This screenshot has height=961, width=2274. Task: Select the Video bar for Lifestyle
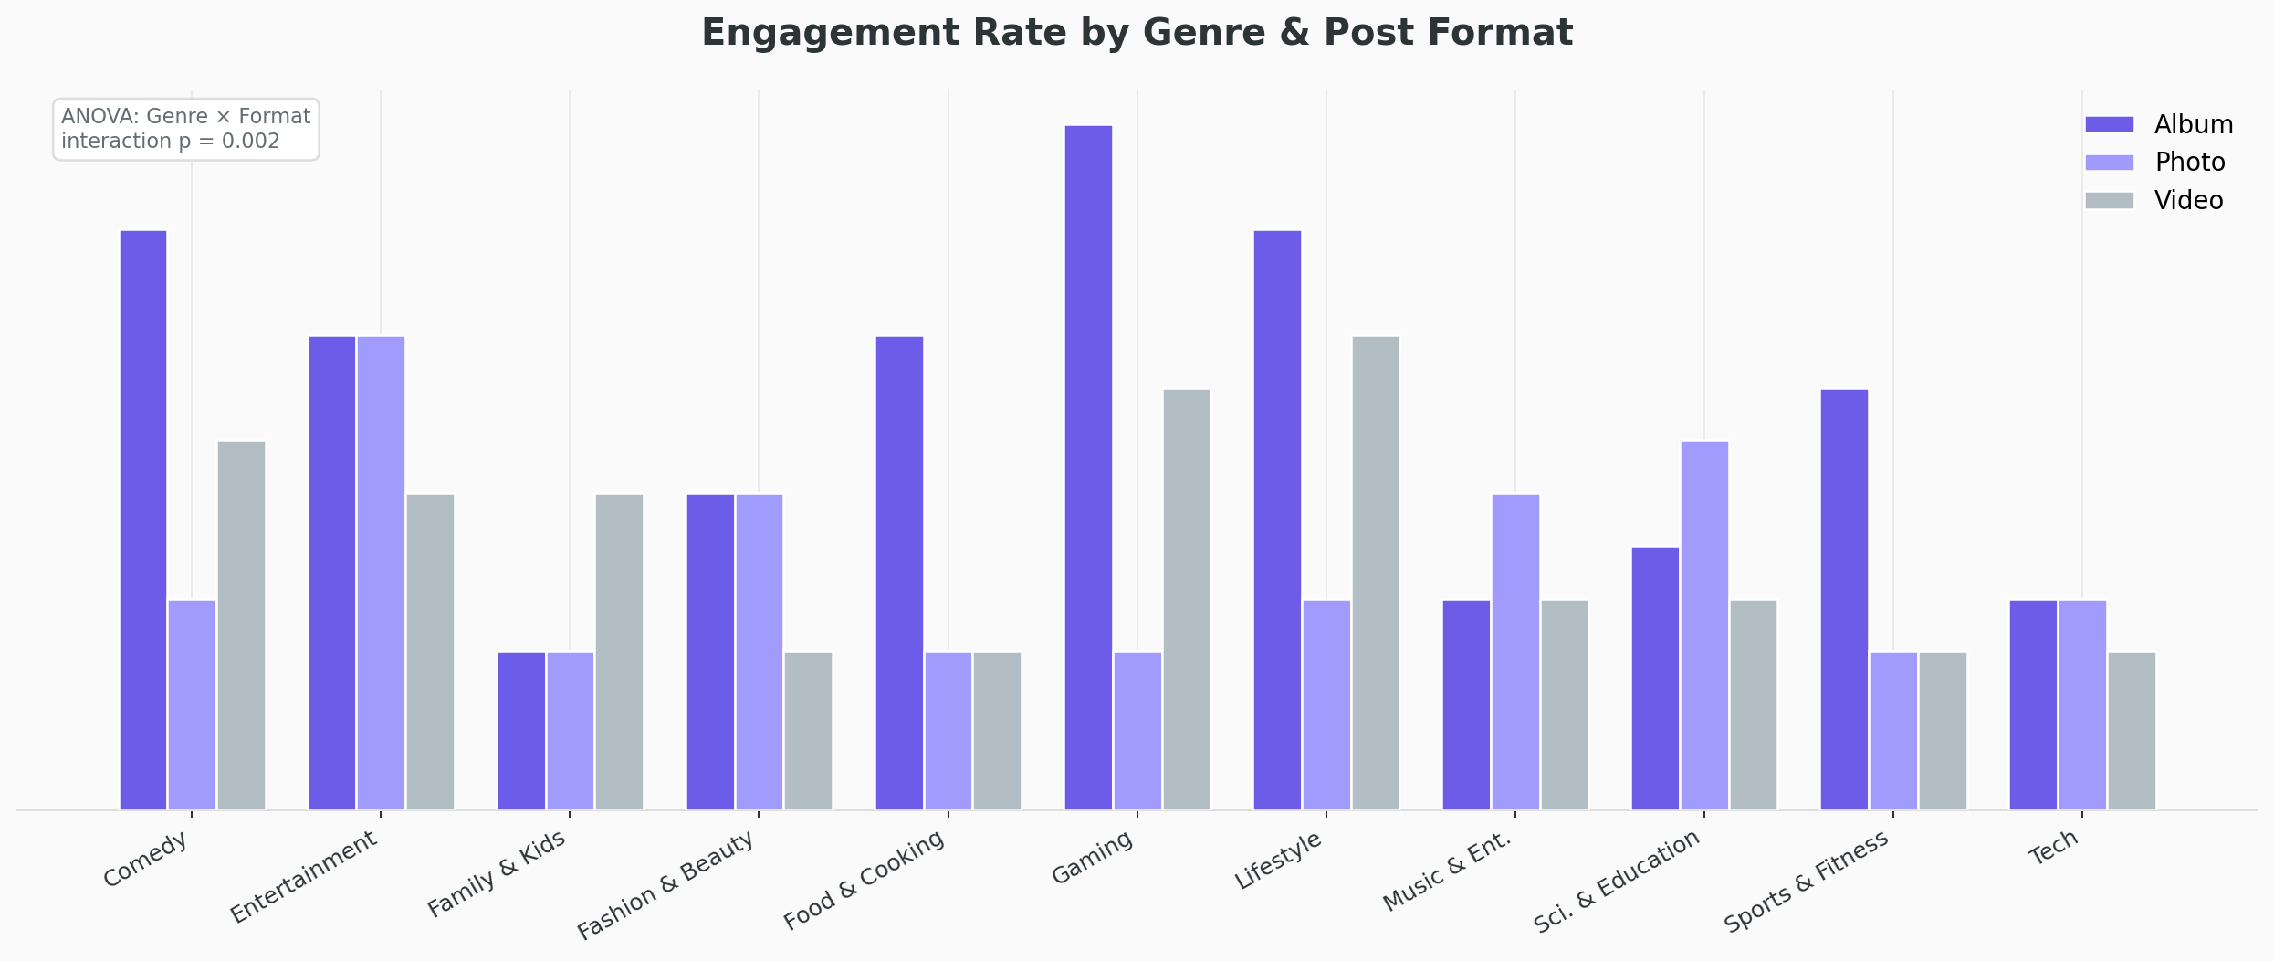point(1375,574)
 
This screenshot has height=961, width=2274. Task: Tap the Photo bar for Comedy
point(192,705)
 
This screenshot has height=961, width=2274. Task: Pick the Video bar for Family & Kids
point(619,652)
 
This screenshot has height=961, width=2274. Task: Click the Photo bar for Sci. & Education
point(1704,626)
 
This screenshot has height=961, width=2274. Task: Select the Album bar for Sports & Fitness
point(1844,600)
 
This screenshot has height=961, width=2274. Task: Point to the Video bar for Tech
point(2132,731)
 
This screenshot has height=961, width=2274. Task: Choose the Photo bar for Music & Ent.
point(1515,652)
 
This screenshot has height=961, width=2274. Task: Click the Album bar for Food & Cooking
point(899,574)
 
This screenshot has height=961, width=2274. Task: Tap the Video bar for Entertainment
point(430,652)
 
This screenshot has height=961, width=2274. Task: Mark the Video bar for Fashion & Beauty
point(808,731)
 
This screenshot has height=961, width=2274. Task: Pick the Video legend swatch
point(2109,201)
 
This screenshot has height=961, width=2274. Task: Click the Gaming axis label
point(1093,858)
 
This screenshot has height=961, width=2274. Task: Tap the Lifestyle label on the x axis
point(1278,861)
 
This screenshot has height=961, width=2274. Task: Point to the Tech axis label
point(2054,849)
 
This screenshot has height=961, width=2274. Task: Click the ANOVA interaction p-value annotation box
point(185,130)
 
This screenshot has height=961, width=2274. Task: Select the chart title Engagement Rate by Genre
point(1137,33)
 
